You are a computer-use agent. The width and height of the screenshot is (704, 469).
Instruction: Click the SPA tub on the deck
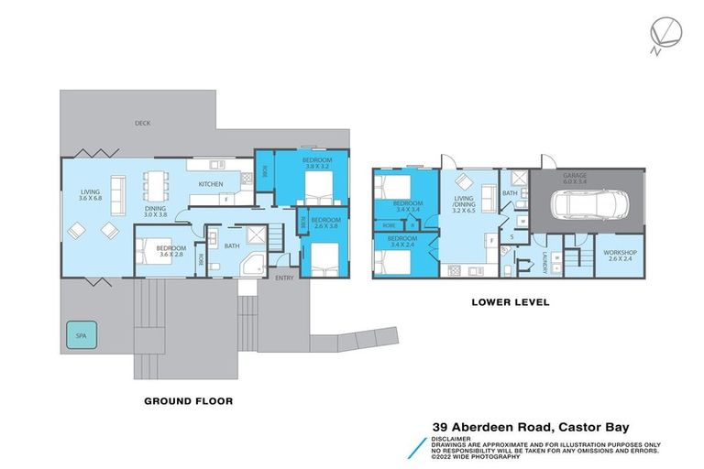[79, 337]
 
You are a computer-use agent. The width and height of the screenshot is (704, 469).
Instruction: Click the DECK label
[142, 123]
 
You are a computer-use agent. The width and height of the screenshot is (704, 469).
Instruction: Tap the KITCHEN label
[212, 184]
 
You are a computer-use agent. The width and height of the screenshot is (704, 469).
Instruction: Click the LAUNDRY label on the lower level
[544, 262]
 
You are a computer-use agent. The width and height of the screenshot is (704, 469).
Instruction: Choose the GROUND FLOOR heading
[188, 400]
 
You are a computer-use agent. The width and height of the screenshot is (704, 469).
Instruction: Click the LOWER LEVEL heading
[510, 301]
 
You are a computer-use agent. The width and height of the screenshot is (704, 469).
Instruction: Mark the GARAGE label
[588, 175]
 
